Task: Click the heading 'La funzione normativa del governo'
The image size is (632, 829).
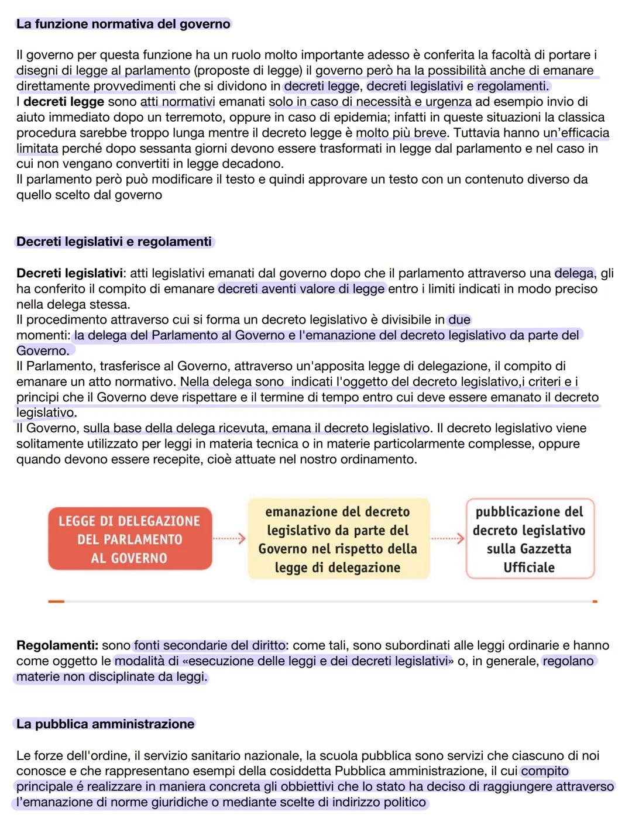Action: point(123,24)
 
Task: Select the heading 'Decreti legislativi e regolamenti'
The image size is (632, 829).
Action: point(114,242)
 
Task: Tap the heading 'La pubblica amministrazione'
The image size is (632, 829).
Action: point(105,724)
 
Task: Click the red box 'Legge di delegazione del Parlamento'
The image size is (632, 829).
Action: point(129,539)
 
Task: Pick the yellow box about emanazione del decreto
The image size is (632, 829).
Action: point(338,539)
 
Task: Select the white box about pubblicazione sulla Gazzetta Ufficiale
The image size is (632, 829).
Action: point(529,539)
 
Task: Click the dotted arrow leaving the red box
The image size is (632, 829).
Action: point(229,539)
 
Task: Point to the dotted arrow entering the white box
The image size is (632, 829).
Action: point(448,539)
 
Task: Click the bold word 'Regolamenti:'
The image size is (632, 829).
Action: point(57,645)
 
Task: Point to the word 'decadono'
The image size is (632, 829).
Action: point(257,163)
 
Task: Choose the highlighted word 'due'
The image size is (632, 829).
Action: point(459,319)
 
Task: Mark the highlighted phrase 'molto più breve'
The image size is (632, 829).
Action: point(401,133)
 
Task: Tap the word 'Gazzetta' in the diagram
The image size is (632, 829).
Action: point(528,549)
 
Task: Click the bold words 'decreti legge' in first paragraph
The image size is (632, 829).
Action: point(63,102)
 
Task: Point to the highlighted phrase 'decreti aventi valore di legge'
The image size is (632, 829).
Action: point(301,288)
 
